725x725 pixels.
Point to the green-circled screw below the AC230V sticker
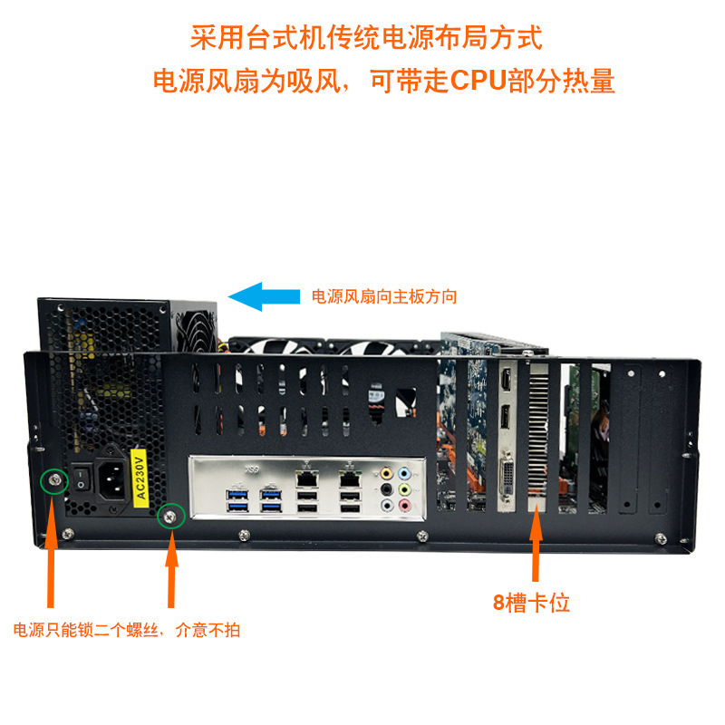tap(169, 517)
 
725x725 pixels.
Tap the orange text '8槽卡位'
tap(533, 603)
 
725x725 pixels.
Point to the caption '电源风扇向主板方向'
tap(384, 296)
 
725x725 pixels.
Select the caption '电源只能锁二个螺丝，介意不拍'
tap(127, 629)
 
